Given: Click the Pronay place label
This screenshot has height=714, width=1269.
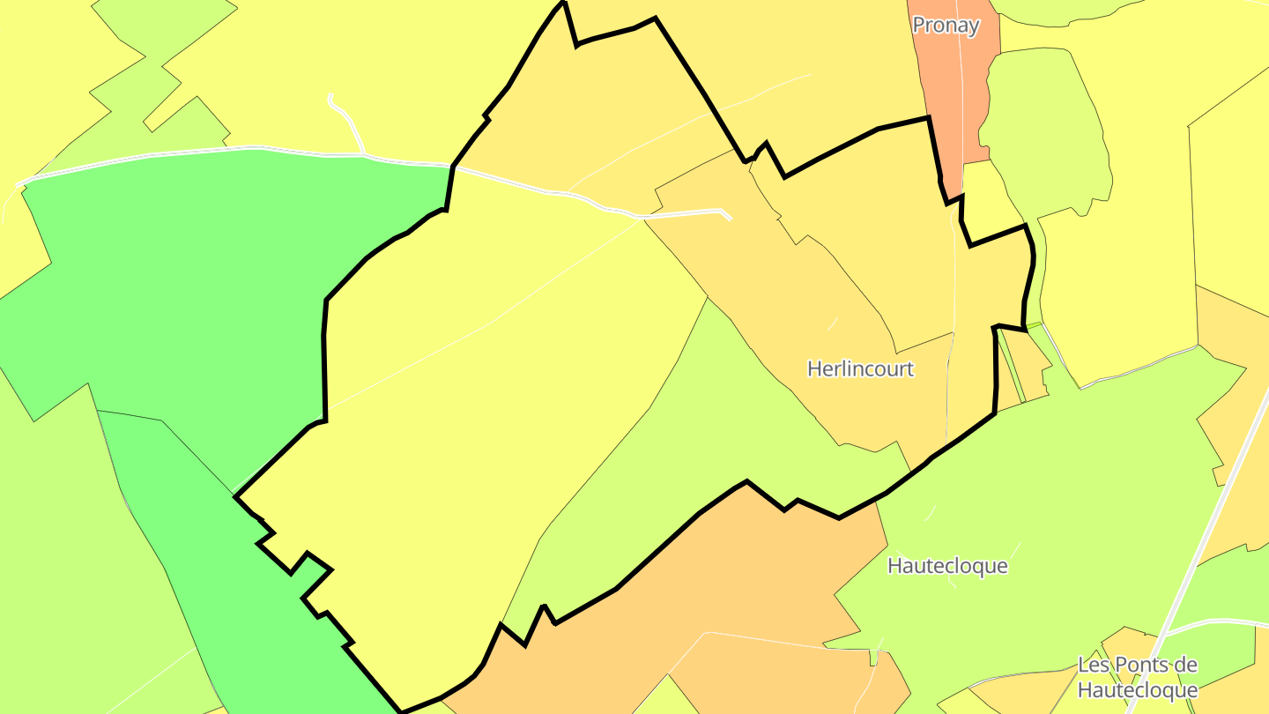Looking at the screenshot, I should [x=946, y=26].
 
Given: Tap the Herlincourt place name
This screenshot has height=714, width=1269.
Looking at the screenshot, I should [x=860, y=368].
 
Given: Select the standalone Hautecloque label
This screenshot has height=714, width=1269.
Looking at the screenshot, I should [x=947, y=565].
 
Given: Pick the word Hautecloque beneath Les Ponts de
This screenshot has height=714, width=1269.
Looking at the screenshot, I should [x=1138, y=689].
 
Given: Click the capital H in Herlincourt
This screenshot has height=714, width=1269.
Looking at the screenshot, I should [x=814, y=368].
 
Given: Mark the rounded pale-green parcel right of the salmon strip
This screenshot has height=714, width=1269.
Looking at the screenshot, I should [x=1044, y=132].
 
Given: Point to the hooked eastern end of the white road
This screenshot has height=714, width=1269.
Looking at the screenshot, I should [x=726, y=213].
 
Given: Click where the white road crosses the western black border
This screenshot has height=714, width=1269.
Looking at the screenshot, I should [x=453, y=166].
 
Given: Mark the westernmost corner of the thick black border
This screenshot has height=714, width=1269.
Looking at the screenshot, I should [x=235, y=497].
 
